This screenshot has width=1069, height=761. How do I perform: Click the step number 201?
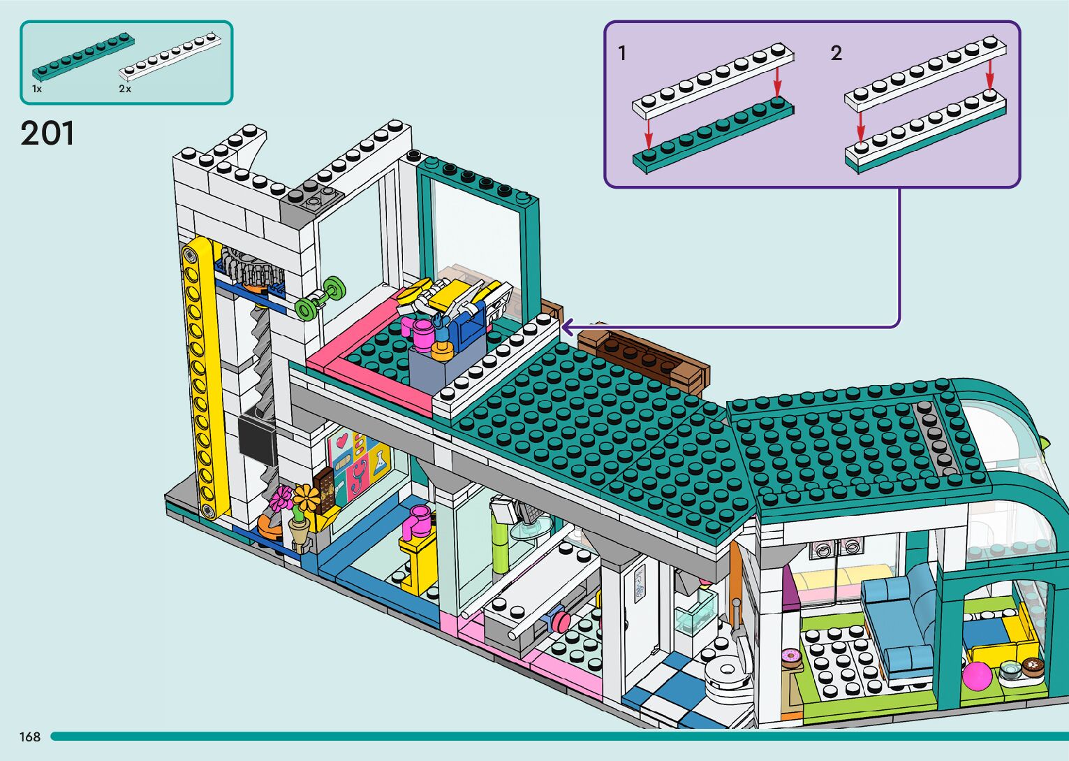[x=47, y=133]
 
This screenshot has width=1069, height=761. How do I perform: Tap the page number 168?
[x=30, y=737]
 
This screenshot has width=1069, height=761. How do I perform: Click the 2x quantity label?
[x=125, y=89]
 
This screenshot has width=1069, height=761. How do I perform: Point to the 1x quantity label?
[x=37, y=89]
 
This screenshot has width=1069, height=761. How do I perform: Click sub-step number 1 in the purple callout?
[x=622, y=53]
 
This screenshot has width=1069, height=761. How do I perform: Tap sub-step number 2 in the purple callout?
[x=836, y=53]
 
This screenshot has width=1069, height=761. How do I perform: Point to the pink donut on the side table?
[x=790, y=656]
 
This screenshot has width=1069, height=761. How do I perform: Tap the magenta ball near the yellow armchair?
[x=976, y=676]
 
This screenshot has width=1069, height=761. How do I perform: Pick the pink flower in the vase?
[x=283, y=499]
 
